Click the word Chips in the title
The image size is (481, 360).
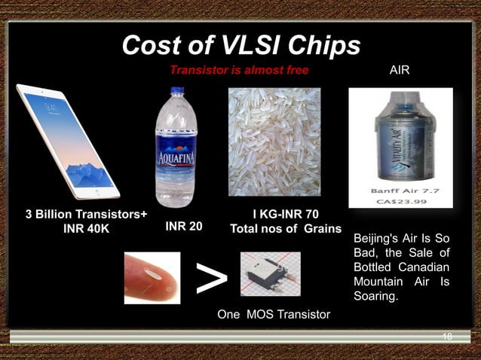pyautogui.click(x=324, y=47)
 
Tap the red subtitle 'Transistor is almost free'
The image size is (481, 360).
pyautogui.click(x=238, y=71)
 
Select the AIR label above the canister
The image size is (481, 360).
pyautogui.click(x=400, y=71)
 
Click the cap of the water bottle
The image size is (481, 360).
pyautogui.click(x=176, y=92)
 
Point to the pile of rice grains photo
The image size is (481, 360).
pyautogui.click(x=274, y=142)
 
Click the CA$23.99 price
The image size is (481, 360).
pyautogui.click(x=400, y=201)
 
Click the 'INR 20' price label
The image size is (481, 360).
pyautogui.click(x=182, y=225)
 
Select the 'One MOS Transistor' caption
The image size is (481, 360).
pyautogui.click(x=274, y=314)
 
